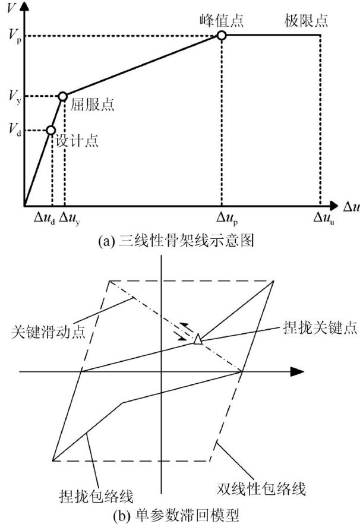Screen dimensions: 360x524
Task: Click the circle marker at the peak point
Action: pyautogui.click(x=221, y=36)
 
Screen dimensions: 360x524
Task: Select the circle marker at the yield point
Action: pyautogui.click(x=62, y=96)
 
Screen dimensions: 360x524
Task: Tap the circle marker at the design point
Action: pyautogui.click(x=50, y=130)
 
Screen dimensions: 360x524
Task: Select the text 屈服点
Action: pyautogui.click(x=92, y=105)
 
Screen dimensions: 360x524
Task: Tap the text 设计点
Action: pyautogui.click(x=77, y=141)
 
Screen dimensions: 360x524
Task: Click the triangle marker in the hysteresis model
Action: pyautogui.click(x=198, y=340)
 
